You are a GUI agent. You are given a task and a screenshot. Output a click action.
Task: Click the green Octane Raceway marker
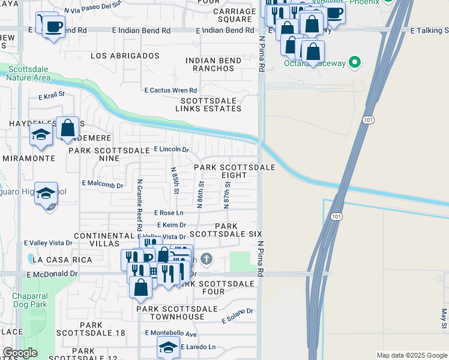pos(355,62)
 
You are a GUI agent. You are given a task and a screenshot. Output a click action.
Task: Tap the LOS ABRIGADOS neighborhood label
pos(125,56)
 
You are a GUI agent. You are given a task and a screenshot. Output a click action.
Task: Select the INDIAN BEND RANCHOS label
pos(209,64)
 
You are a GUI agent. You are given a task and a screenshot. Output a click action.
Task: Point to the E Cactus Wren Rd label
pos(170,90)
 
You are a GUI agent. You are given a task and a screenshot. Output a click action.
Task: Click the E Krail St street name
pos(52,95)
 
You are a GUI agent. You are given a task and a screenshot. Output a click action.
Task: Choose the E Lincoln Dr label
pos(171,149)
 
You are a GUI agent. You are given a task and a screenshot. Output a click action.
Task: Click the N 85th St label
pos(175,180)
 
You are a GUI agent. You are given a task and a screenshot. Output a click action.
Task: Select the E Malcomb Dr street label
pos(103,184)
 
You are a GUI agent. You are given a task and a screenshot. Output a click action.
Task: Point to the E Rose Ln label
pos(169,213)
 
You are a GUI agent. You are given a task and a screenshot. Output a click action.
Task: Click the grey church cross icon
pos(206,259)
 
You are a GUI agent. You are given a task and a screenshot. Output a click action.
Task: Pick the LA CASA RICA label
pos(62,260)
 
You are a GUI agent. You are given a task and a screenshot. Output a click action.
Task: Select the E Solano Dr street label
pos(238,316)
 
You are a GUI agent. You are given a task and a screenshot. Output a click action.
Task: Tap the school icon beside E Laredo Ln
pos(169,347)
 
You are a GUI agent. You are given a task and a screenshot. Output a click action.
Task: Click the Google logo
pos(20,353)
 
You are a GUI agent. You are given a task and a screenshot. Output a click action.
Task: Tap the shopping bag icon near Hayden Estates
pos(68,128)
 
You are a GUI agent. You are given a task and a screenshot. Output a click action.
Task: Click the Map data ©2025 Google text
pos(411,355)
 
